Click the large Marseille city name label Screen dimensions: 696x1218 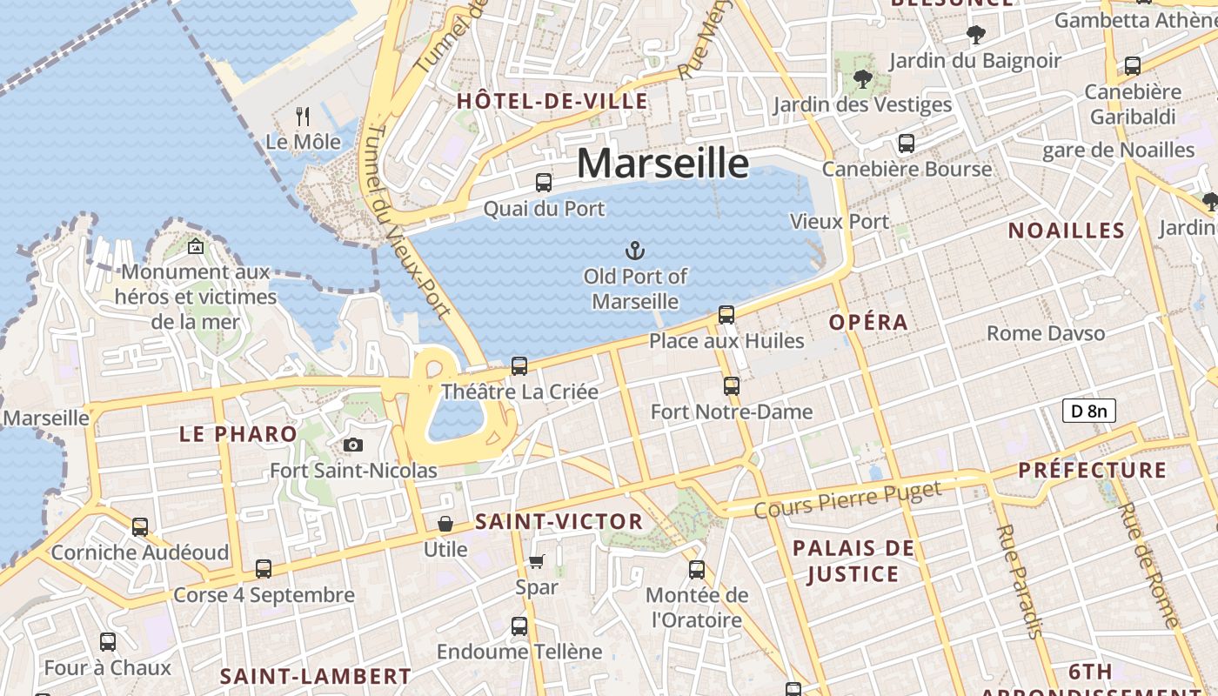click(x=662, y=164)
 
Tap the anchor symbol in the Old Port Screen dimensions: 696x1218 click(x=635, y=251)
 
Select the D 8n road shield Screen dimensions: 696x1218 click(x=1088, y=411)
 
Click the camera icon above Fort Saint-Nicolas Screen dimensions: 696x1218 click(x=353, y=445)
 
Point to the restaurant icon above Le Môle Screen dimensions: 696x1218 click(x=303, y=116)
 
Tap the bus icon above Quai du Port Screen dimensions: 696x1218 click(x=544, y=183)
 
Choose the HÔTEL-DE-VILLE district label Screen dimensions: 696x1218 click(x=552, y=101)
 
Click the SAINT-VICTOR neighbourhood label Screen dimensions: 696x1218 click(x=559, y=522)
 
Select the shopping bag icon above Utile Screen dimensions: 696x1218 click(x=445, y=524)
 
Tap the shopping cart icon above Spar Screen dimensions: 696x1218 click(x=537, y=562)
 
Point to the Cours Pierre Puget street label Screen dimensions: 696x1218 click(x=847, y=499)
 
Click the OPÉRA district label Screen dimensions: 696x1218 click(x=868, y=322)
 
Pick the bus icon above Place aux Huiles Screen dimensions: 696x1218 click(x=726, y=315)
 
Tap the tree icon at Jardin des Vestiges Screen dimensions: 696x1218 click(x=862, y=79)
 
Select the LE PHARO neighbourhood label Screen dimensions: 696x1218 click(x=238, y=434)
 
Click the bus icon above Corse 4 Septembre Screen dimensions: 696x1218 click(x=264, y=570)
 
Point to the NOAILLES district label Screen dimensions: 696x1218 click(x=1066, y=231)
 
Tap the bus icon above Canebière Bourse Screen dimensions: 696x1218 click(x=907, y=144)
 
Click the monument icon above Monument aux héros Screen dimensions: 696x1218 click(x=196, y=247)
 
